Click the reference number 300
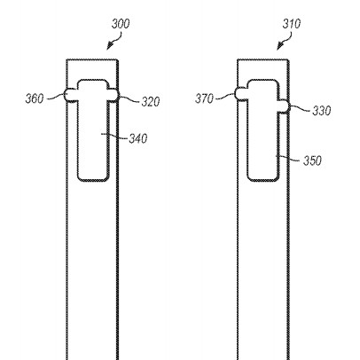coord(121,24)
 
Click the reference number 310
coord(292,24)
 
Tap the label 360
coord(35,98)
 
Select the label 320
coord(151,102)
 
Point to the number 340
coord(138,138)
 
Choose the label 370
coord(204,98)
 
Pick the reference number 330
coord(322,111)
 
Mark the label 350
coord(312,160)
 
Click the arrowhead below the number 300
coord(110,46)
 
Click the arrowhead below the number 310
coord(280,46)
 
